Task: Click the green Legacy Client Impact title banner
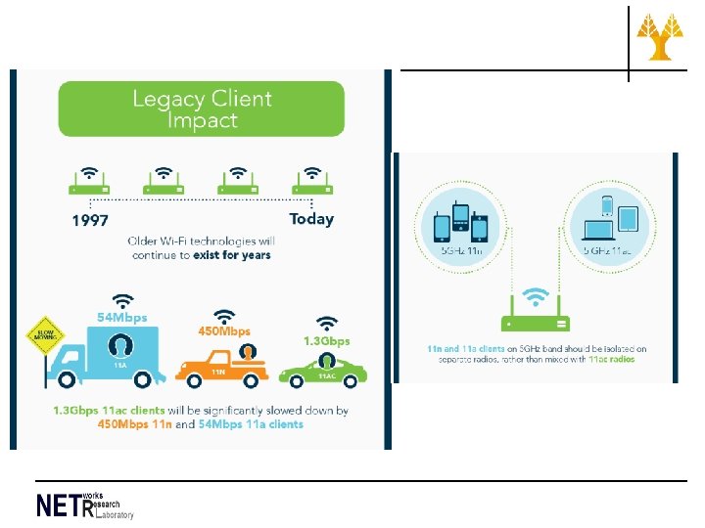[202, 109]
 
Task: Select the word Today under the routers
[311, 219]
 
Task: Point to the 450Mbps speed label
[224, 331]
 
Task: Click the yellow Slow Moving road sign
[41, 337]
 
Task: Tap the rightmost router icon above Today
[312, 180]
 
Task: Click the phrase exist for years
[235, 254]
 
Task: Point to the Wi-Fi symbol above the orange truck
[225, 316]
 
